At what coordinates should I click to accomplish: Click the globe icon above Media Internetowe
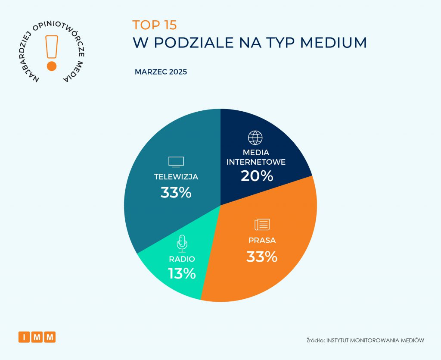point(255,138)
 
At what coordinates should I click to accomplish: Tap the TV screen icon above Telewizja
point(176,162)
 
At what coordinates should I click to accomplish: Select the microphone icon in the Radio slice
point(182,244)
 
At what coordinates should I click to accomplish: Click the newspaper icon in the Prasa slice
point(262,225)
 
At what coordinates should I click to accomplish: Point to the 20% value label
point(257,176)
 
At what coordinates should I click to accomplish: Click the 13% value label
point(182,273)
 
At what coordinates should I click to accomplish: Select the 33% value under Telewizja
point(176,192)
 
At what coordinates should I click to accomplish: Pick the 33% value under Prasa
point(262,257)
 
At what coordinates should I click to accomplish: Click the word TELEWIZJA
point(176,177)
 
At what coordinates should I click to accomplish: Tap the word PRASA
point(262,240)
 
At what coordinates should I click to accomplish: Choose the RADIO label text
point(182,259)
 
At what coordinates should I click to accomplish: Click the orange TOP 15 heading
point(154,25)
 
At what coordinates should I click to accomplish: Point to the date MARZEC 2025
point(161,72)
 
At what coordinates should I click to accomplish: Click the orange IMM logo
point(37,337)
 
